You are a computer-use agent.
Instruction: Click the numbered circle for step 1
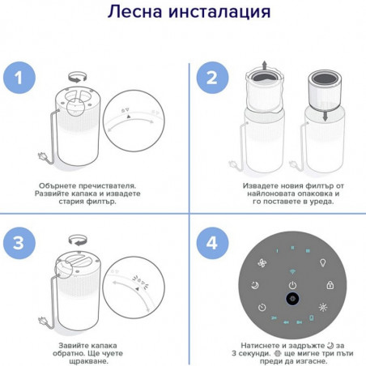[19, 78]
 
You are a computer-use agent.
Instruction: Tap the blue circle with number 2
[212, 78]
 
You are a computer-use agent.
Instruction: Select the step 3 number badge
[19, 243]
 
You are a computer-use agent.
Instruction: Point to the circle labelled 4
[212, 243]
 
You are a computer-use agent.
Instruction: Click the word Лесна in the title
[135, 11]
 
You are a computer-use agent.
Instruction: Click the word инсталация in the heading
[219, 12]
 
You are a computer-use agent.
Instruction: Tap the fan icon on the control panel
[262, 263]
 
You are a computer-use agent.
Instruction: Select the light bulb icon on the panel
[322, 262]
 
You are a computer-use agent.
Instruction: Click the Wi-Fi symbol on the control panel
[292, 271]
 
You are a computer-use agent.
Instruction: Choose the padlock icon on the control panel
[330, 285]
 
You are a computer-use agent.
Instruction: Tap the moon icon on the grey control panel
[255, 285]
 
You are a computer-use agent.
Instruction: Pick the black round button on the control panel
[292, 299]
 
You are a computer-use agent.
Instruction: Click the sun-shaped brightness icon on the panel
[323, 307]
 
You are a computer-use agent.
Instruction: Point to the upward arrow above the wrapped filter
[265, 66]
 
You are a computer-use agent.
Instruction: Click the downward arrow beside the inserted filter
[326, 116]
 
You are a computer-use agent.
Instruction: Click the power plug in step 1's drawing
[43, 156]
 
